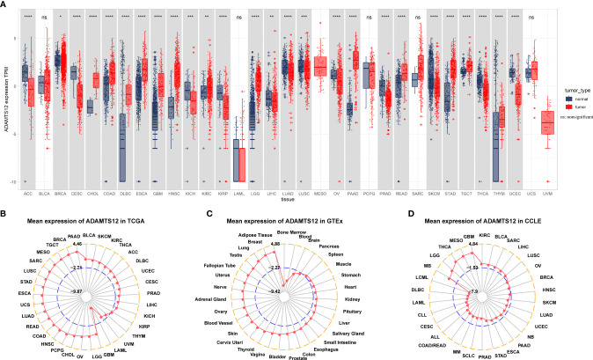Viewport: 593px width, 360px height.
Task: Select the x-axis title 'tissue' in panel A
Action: [x=276, y=198]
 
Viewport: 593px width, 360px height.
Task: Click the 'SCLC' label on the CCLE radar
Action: [x=478, y=344]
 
